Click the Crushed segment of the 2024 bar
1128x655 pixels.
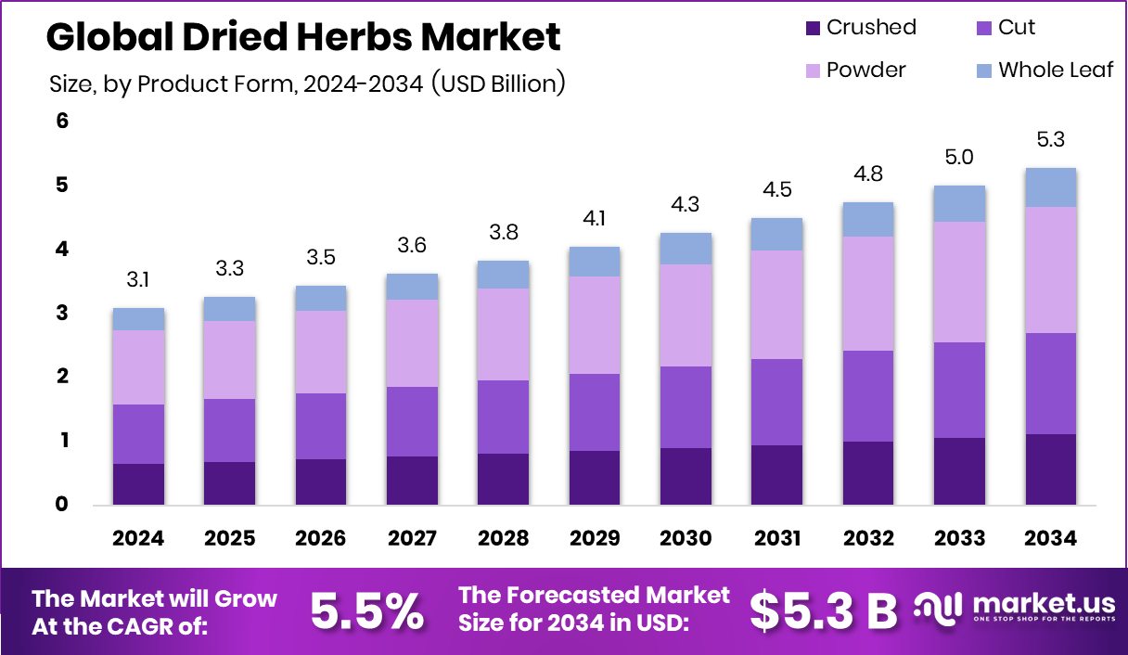[139, 483]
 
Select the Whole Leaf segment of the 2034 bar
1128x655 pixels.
[1050, 187]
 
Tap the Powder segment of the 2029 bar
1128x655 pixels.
[595, 325]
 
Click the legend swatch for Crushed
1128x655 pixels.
[814, 28]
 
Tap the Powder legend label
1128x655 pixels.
[865, 71]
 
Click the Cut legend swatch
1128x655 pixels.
[985, 28]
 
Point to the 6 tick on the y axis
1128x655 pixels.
[63, 122]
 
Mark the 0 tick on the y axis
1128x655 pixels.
[63, 505]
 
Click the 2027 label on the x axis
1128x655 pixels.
[413, 539]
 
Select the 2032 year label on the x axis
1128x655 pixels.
[867, 539]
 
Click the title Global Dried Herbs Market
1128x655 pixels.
[302, 37]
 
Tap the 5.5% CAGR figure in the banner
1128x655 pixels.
[366, 610]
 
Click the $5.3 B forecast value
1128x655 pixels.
[823, 610]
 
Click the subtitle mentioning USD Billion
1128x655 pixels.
[307, 83]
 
